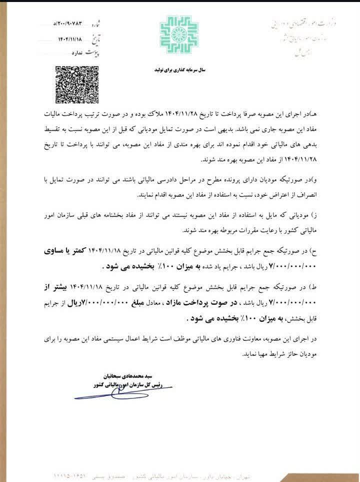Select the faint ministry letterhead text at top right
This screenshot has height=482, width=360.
[302, 25]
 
